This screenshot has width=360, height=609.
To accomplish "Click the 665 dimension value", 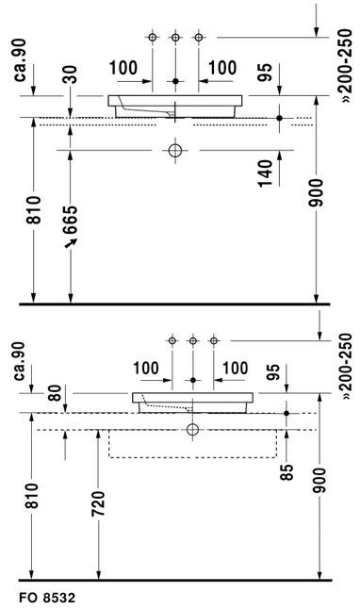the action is (71, 221).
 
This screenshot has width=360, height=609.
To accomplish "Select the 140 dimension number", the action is (266, 173).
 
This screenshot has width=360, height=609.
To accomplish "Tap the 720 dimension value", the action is (98, 503).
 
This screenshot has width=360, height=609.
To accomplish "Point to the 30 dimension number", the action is (71, 74).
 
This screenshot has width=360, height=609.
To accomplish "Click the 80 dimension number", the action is (55, 393).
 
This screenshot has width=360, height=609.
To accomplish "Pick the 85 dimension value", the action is (286, 472).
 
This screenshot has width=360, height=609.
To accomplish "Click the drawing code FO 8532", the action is (47, 597).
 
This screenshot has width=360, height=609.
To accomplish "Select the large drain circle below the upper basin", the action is (175, 150).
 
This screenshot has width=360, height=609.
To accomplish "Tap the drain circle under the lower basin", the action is (192, 430).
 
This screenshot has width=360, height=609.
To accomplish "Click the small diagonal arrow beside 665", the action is (71, 242).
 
